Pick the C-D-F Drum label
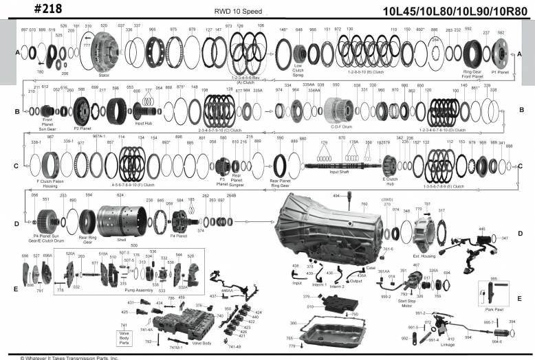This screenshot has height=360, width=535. [339, 126]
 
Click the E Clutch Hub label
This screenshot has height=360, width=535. [391, 184]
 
